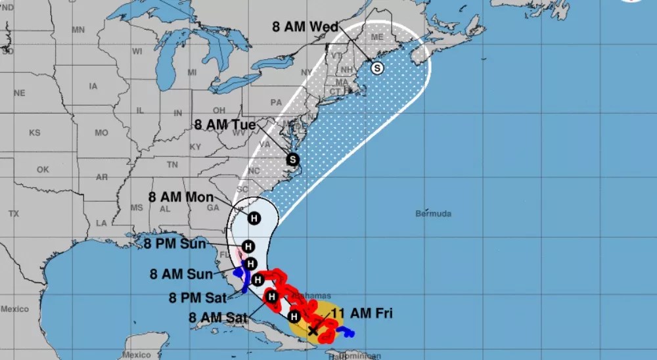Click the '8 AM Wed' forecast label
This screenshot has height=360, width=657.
coord(305,27)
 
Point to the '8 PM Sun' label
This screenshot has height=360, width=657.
coord(175,244)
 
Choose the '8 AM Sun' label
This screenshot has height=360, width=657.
coord(181,274)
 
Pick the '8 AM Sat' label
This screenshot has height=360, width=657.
coord(217,317)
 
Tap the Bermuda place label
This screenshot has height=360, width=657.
coord(434,214)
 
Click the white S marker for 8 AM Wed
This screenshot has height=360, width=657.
coord(377,68)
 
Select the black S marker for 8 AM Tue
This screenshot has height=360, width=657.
coord(292,159)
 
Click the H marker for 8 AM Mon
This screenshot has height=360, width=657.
coord(254,217)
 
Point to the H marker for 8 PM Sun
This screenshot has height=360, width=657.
coord(248,246)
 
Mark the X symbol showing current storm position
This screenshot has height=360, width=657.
coord(313,331)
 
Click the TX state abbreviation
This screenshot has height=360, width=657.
coord(14,214)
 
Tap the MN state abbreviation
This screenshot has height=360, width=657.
coord(79,30)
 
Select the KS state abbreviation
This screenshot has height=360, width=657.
coord(34,133)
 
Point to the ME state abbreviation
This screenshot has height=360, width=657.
coord(376,37)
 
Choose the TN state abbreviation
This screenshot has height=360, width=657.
coord(172,164)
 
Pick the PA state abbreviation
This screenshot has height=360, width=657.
coord(275,102)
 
